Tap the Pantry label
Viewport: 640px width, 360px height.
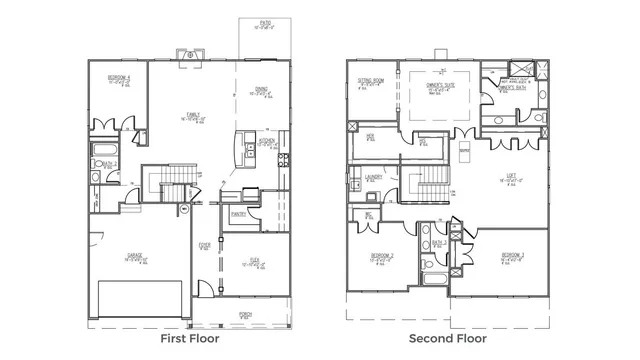coord(238,213)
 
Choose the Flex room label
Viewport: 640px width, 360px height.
coord(256,261)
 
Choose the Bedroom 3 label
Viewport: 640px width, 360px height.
coord(514,257)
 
